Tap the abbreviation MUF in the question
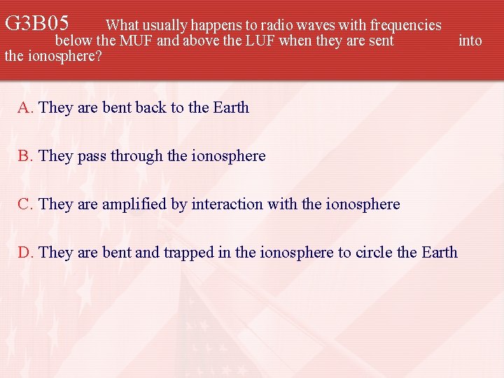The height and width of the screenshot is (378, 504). (x=136, y=41)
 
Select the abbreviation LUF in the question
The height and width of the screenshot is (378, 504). (x=260, y=41)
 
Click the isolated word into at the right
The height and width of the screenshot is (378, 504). (x=470, y=41)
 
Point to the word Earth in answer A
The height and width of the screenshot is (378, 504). (x=230, y=107)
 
